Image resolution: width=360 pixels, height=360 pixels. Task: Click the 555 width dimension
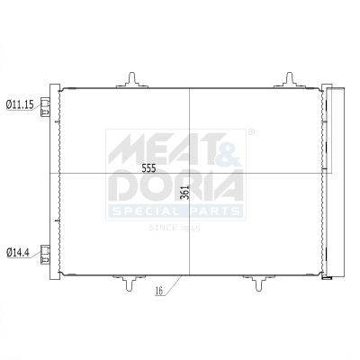pyautogui.click(x=148, y=169)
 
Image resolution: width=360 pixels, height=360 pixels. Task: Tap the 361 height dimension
pyautogui.click(x=185, y=193)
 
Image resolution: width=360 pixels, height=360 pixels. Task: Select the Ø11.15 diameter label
pyautogui.click(x=20, y=104)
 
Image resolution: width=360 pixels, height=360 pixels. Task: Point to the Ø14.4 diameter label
pyautogui.click(x=18, y=252)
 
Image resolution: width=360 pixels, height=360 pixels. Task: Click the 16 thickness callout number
pyautogui.click(x=159, y=291)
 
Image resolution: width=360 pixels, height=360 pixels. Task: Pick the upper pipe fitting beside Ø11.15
pyautogui.click(x=45, y=106)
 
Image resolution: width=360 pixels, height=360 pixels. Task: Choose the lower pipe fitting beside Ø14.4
pyautogui.click(x=45, y=255)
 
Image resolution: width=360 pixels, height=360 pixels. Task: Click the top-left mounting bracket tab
pyautogui.click(x=132, y=80)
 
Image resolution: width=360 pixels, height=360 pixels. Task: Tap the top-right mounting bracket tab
pyautogui.click(x=290, y=80)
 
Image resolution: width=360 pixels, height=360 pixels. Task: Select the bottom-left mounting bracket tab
pyautogui.click(x=130, y=283)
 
